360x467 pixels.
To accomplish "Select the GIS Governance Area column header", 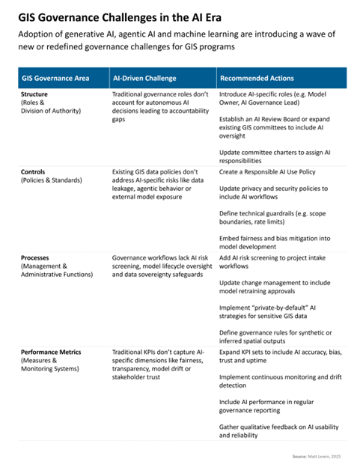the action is [57, 78].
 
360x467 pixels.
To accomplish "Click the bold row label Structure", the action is [37, 96].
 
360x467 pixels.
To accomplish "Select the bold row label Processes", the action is [38, 257].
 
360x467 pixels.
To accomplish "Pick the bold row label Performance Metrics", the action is [52, 352].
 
